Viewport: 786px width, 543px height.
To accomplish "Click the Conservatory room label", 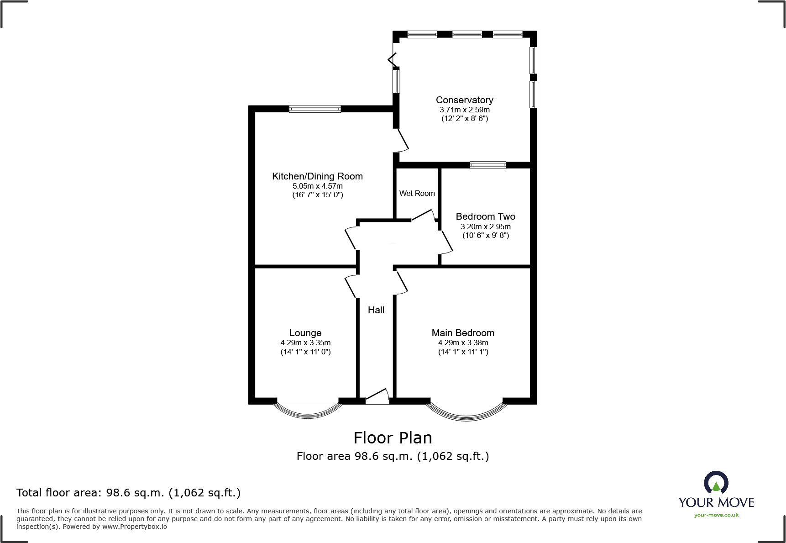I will point(464,100).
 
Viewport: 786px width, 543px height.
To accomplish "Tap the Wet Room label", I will point(417,194).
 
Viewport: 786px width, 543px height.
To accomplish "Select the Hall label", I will point(376,310).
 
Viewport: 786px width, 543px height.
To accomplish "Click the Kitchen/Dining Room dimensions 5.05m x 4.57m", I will point(317,186).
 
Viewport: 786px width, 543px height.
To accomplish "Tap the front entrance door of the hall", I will point(377,396).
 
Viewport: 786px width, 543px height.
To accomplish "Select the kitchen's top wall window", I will point(315,109).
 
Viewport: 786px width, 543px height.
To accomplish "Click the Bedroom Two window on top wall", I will point(488,165).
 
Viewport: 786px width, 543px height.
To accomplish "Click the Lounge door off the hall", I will point(351,286).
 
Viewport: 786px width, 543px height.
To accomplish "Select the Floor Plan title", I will point(393,438).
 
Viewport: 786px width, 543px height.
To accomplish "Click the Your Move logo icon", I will point(716,483).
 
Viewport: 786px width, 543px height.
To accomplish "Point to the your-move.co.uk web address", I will point(716,515).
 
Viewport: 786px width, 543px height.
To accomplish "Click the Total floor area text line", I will point(128,493).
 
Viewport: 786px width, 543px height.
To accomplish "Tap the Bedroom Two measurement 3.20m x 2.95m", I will point(485,227).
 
